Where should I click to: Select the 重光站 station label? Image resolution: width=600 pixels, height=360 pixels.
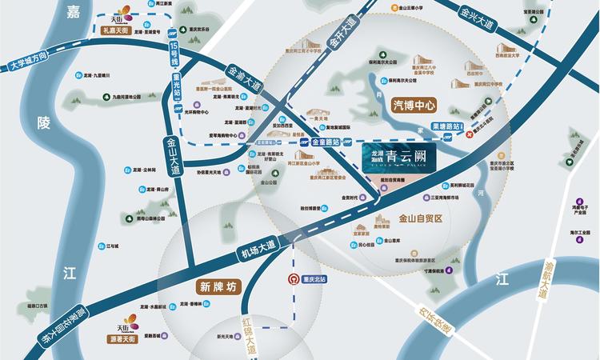pyautogui.click(x=176, y=82)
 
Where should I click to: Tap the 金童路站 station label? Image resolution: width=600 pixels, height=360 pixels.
pyautogui.click(x=324, y=142)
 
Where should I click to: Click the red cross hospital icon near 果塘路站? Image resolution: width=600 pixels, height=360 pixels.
pyautogui.click(x=470, y=135)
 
